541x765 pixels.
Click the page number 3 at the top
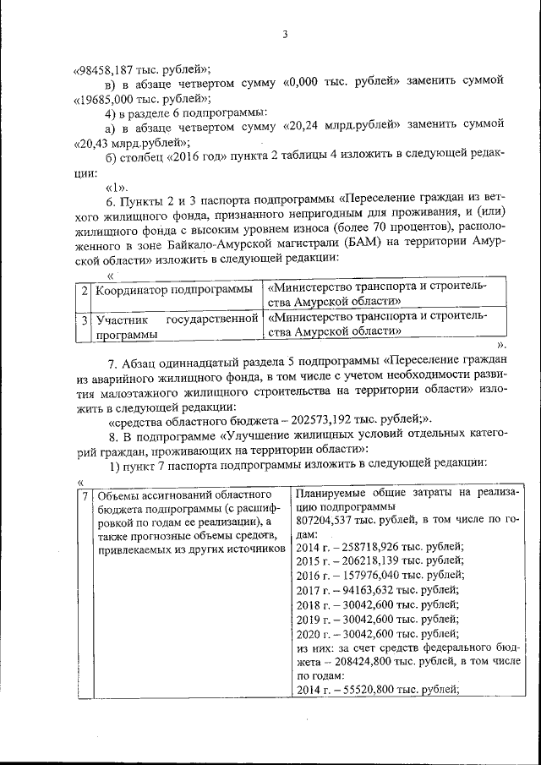pyautogui.click(x=286, y=35)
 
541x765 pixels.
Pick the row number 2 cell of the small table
pyautogui.click(x=84, y=290)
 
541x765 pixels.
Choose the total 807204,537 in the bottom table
pyautogui.click(x=331, y=522)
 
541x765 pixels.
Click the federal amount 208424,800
pyautogui.click(x=369, y=660)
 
